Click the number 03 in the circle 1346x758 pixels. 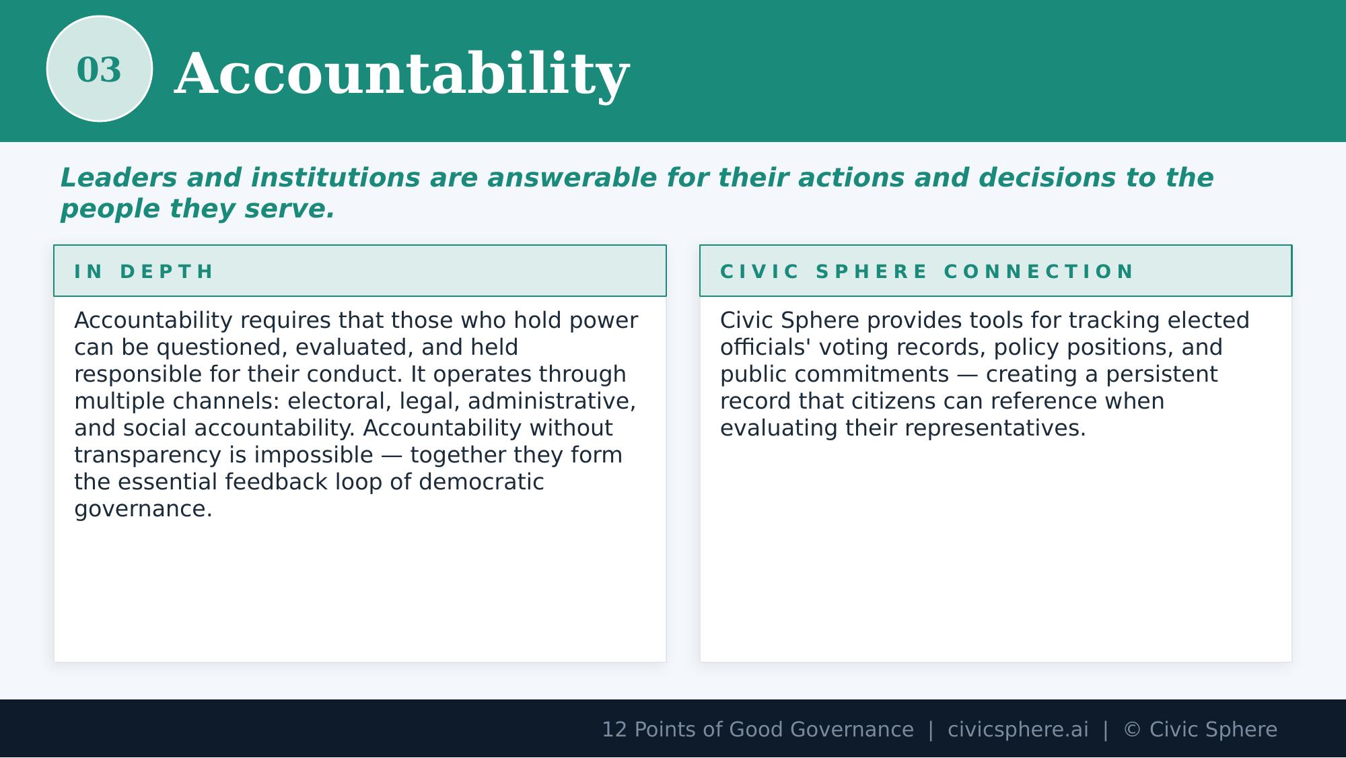[x=99, y=69]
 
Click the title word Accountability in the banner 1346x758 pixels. [x=402, y=74]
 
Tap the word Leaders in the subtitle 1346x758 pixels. [x=118, y=178]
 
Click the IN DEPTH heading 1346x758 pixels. [x=144, y=271]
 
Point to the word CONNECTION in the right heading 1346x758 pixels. [x=1039, y=271]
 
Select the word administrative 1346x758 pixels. [x=551, y=401]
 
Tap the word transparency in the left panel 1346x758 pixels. [x=147, y=455]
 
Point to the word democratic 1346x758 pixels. [x=481, y=482]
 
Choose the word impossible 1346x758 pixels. [x=314, y=455]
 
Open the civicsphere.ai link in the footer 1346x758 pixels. [x=1018, y=730]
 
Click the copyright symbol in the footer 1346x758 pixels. [x=1132, y=730]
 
